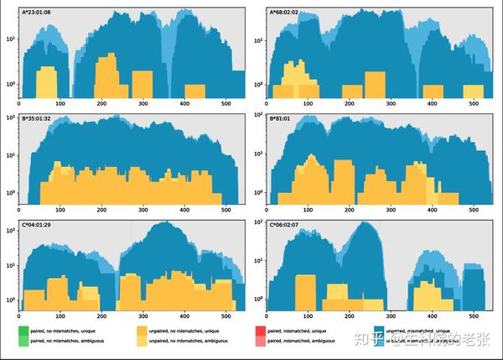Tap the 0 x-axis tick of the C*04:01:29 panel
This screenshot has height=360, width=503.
18,317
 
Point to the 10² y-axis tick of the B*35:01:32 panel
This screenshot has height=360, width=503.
11,117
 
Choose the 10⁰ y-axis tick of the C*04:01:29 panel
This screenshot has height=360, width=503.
11,300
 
